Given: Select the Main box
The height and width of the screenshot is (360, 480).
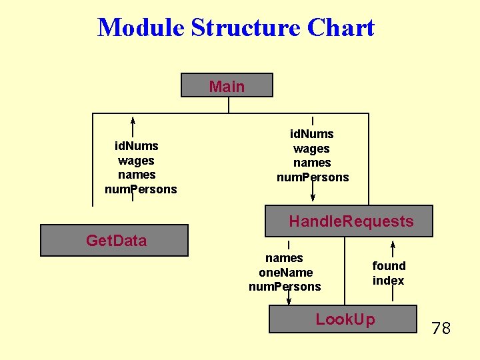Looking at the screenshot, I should pyautogui.click(x=227, y=85).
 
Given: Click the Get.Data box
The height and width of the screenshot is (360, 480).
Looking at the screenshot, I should pyautogui.click(x=114, y=241).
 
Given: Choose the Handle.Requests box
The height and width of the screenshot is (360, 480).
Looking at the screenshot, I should pyautogui.click(x=349, y=221).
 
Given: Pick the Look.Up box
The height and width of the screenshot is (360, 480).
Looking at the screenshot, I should pyautogui.click(x=343, y=319).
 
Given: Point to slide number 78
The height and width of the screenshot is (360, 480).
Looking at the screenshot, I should pyautogui.click(x=441, y=328).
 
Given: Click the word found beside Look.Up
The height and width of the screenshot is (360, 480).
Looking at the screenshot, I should pyautogui.click(x=389, y=265).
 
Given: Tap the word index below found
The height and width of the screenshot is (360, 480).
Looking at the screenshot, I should pyautogui.click(x=388, y=281).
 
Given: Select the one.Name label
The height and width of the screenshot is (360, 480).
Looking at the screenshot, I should pyautogui.click(x=285, y=272).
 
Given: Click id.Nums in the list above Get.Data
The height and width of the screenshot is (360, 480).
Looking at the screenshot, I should pyautogui.click(x=137, y=145).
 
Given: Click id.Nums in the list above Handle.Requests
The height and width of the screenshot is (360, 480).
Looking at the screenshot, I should pyautogui.click(x=312, y=134).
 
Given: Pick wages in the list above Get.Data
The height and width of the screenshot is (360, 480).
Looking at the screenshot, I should pyautogui.click(x=136, y=160).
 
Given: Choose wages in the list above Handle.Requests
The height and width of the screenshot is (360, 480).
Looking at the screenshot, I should pyautogui.click(x=311, y=149).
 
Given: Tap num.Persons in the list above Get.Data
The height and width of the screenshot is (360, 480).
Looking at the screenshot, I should pyautogui.click(x=141, y=189).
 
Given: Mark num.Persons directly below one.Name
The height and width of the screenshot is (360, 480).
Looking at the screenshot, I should pyautogui.click(x=285, y=287).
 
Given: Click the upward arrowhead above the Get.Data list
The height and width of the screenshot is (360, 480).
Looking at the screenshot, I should pyautogui.click(x=133, y=121).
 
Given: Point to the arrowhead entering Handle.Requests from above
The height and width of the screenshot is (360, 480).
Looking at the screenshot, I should pyautogui.click(x=313, y=197).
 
